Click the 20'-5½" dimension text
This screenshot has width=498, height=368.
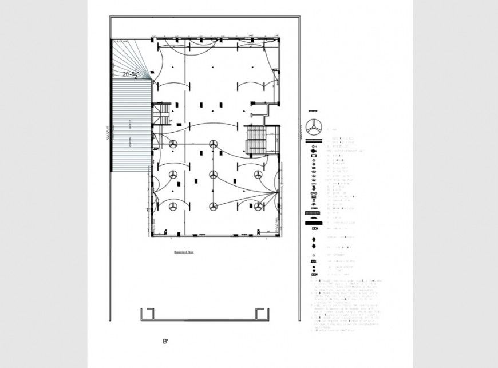131,73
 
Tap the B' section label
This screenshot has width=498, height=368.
165,342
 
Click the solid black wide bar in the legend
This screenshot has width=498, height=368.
313,213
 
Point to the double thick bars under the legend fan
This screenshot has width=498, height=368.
313,140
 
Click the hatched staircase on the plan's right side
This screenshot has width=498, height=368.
255,140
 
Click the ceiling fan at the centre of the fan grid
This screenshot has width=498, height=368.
214,173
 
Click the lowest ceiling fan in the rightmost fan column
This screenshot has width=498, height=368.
259,205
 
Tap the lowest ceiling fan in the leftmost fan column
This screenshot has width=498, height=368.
173,205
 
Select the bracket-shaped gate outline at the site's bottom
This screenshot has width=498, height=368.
205,315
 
